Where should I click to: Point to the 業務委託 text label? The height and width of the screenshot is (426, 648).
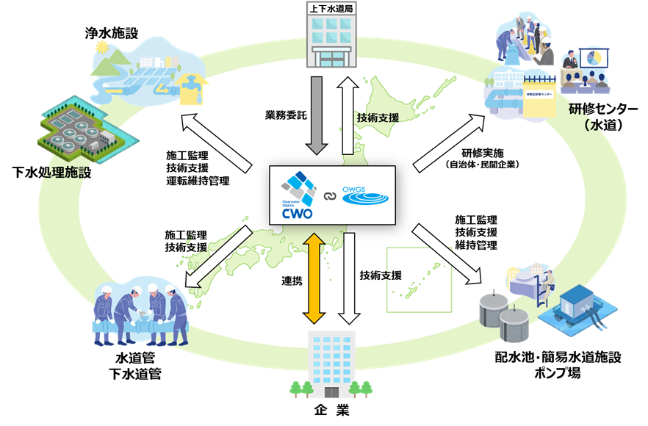[284, 115]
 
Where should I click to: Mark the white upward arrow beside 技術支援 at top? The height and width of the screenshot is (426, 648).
[347, 114]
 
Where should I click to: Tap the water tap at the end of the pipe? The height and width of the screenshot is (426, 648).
[192, 83]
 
